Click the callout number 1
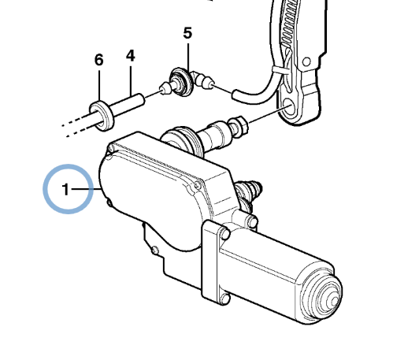point(65,189)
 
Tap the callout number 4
point(131,56)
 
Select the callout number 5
point(187,33)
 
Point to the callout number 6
point(99,60)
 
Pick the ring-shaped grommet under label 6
point(102,116)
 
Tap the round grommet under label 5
point(182,81)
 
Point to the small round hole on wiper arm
point(307,62)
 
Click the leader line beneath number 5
point(188,57)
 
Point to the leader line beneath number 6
point(99,86)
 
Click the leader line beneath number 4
point(131,81)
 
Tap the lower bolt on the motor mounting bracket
point(226,299)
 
